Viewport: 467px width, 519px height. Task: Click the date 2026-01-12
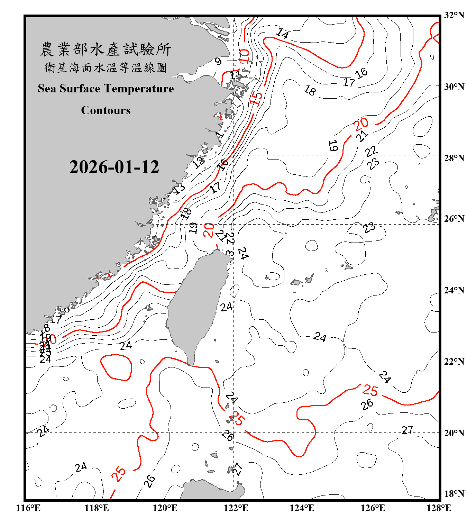pyautogui.click(x=114, y=167)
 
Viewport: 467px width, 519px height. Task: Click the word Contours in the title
pyautogui.click(x=106, y=110)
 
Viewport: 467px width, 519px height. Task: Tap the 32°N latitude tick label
pyautogui.click(x=454, y=15)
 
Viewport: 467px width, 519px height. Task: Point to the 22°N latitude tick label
pyautogui.click(x=454, y=362)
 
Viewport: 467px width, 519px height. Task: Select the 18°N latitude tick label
pyautogui.click(x=454, y=494)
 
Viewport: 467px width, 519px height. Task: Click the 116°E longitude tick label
pyautogui.click(x=28, y=508)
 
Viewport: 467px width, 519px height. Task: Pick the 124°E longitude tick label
pyautogui.click(x=302, y=508)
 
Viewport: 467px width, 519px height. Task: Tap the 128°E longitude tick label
pyautogui.click(x=439, y=508)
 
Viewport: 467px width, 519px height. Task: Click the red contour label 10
pyautogui.click(x=244, y=56)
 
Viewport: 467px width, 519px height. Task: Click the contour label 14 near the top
pyautogui.click(x=282, y=34)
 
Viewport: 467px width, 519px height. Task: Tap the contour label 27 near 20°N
pyautogui.click(x=408, y=430)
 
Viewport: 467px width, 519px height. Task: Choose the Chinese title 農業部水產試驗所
pyautogui.click(x=106, y=49)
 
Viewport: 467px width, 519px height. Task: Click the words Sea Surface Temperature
pyautogui.click(x=106, y=89)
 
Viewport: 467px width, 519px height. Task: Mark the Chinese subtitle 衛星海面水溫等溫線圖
pyautogui.click(x=106, y=67)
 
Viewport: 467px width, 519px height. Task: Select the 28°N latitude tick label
pyautogui.click(x=454, y=158)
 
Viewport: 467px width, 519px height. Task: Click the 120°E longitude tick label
pyautogui.click(x=165, y=508)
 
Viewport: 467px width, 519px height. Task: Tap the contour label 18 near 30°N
pyautogui.click(x=310, y=90)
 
